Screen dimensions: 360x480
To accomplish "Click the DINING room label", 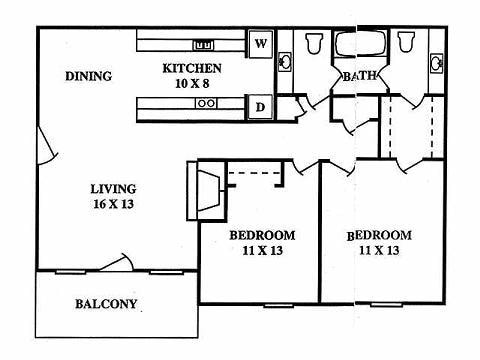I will click(x=87, y=76).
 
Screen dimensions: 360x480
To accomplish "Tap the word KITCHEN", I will click(x=192, y=69).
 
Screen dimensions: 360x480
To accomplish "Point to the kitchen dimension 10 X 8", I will click(x=192, y=84).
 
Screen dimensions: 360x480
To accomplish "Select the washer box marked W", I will click(x=260, y=44).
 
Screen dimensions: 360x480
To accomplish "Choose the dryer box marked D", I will click(x=260, y=106).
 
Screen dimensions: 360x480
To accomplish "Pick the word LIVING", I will click(x=111, y=188).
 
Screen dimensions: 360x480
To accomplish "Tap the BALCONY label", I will click(x=105, y=304).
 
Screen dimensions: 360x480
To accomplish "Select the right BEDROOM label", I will click(x=379, y=236).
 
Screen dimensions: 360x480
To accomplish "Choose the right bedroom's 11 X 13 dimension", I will click(x=379, y=252).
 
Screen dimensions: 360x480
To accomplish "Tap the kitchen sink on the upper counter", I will click(x=203, y=44).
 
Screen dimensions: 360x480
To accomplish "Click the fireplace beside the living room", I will click(x=204, y=190).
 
